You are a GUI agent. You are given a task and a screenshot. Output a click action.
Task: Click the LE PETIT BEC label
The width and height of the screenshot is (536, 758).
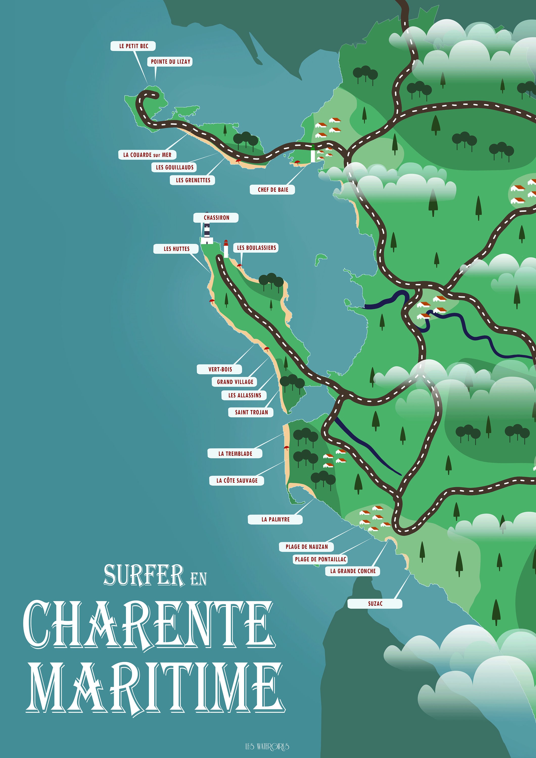pos(133,46)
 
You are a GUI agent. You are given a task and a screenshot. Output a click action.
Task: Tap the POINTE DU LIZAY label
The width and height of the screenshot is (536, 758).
pos(170,62)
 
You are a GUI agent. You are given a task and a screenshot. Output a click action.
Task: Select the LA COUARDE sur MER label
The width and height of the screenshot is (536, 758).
pos(147,155)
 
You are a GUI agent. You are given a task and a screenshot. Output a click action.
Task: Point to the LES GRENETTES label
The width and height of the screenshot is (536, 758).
pos(193,180)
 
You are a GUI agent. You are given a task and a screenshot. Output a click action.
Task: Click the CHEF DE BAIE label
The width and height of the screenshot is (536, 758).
pos(272,190)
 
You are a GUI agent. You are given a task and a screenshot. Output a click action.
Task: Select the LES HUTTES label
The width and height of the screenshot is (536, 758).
pos(176,249)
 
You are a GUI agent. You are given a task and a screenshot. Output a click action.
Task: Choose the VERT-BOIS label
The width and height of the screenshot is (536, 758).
pos(220,369)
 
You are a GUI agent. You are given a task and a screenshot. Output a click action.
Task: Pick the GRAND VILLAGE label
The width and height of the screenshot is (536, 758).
pos(235,382)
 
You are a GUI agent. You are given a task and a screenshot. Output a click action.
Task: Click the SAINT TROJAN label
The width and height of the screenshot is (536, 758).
pos(251,412)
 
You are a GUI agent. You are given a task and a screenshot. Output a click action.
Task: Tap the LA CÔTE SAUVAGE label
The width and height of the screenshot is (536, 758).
pos(237,481)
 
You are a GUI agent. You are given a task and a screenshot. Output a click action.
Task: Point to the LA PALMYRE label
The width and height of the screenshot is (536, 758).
pos(275,519)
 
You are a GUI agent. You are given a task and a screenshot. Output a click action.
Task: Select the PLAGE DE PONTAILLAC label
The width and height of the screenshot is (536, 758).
pos(320,559)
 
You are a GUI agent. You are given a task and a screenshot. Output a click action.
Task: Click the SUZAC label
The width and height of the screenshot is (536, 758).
pos(375,604)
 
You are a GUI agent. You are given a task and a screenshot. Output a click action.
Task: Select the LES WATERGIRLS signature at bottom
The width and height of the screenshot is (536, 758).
pos(267,746)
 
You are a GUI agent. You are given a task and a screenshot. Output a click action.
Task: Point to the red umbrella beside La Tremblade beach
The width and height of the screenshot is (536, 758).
pos(286,448)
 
